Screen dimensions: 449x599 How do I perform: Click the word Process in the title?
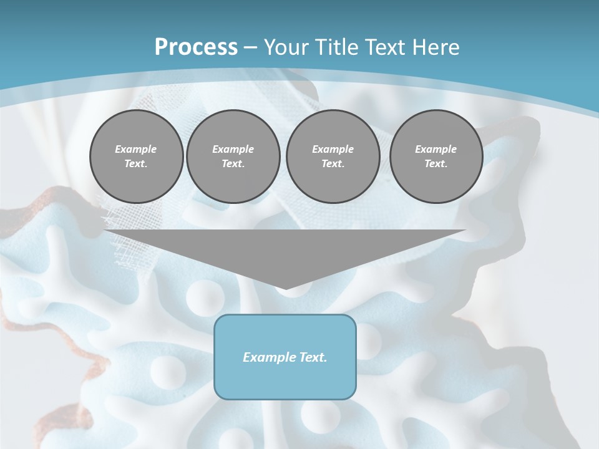(x=196, y=47)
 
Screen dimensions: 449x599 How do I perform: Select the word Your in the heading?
(x=286, y=47)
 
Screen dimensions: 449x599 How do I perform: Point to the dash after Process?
(x=251, y=47)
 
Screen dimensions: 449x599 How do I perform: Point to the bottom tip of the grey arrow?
(x=285, y=288)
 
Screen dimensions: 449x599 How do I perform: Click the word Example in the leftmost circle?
(x=136, y=149)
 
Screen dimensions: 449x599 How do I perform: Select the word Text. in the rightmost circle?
(x=436, y=163)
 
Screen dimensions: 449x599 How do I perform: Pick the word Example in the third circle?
(x=333, y=149)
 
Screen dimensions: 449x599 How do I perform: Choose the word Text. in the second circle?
(x=233, y=163)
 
